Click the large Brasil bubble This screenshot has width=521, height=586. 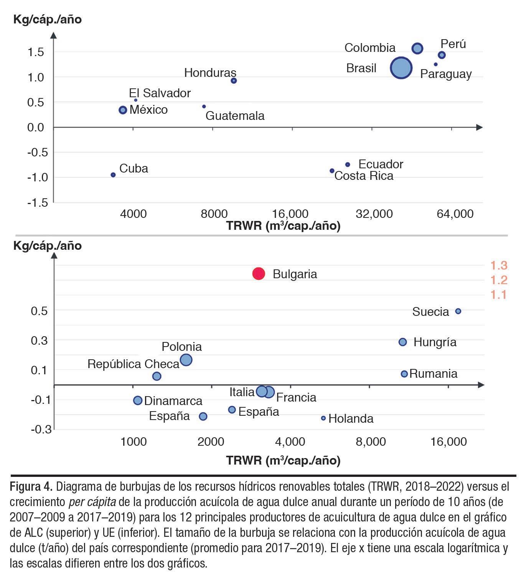[x=401, y=68]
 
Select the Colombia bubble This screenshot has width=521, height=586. [x=417, y=48]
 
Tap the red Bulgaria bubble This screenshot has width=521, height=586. [x=259, y=274]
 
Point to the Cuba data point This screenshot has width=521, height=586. [x=113, y=175]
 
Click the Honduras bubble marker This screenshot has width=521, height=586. [x=234, y=81]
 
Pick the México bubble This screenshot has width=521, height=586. [x=123, y=110]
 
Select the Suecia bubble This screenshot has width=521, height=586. [x=458, y=311]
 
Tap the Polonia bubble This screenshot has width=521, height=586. [x=186, y=360]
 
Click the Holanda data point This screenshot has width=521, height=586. [x=323, y=418]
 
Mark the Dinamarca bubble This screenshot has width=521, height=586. [x=138, y=400]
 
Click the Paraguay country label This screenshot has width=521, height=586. [x=446, y=74]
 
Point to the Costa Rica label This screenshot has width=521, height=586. [x=364, y=176]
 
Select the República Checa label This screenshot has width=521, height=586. [x=133, y=364]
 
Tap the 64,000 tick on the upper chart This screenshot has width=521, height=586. [x=455, y=214]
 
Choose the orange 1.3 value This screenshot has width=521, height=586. [x=499, y=265]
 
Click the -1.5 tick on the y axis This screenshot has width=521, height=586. [x=38, y=203]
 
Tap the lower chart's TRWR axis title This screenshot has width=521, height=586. [x=283, y=460]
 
